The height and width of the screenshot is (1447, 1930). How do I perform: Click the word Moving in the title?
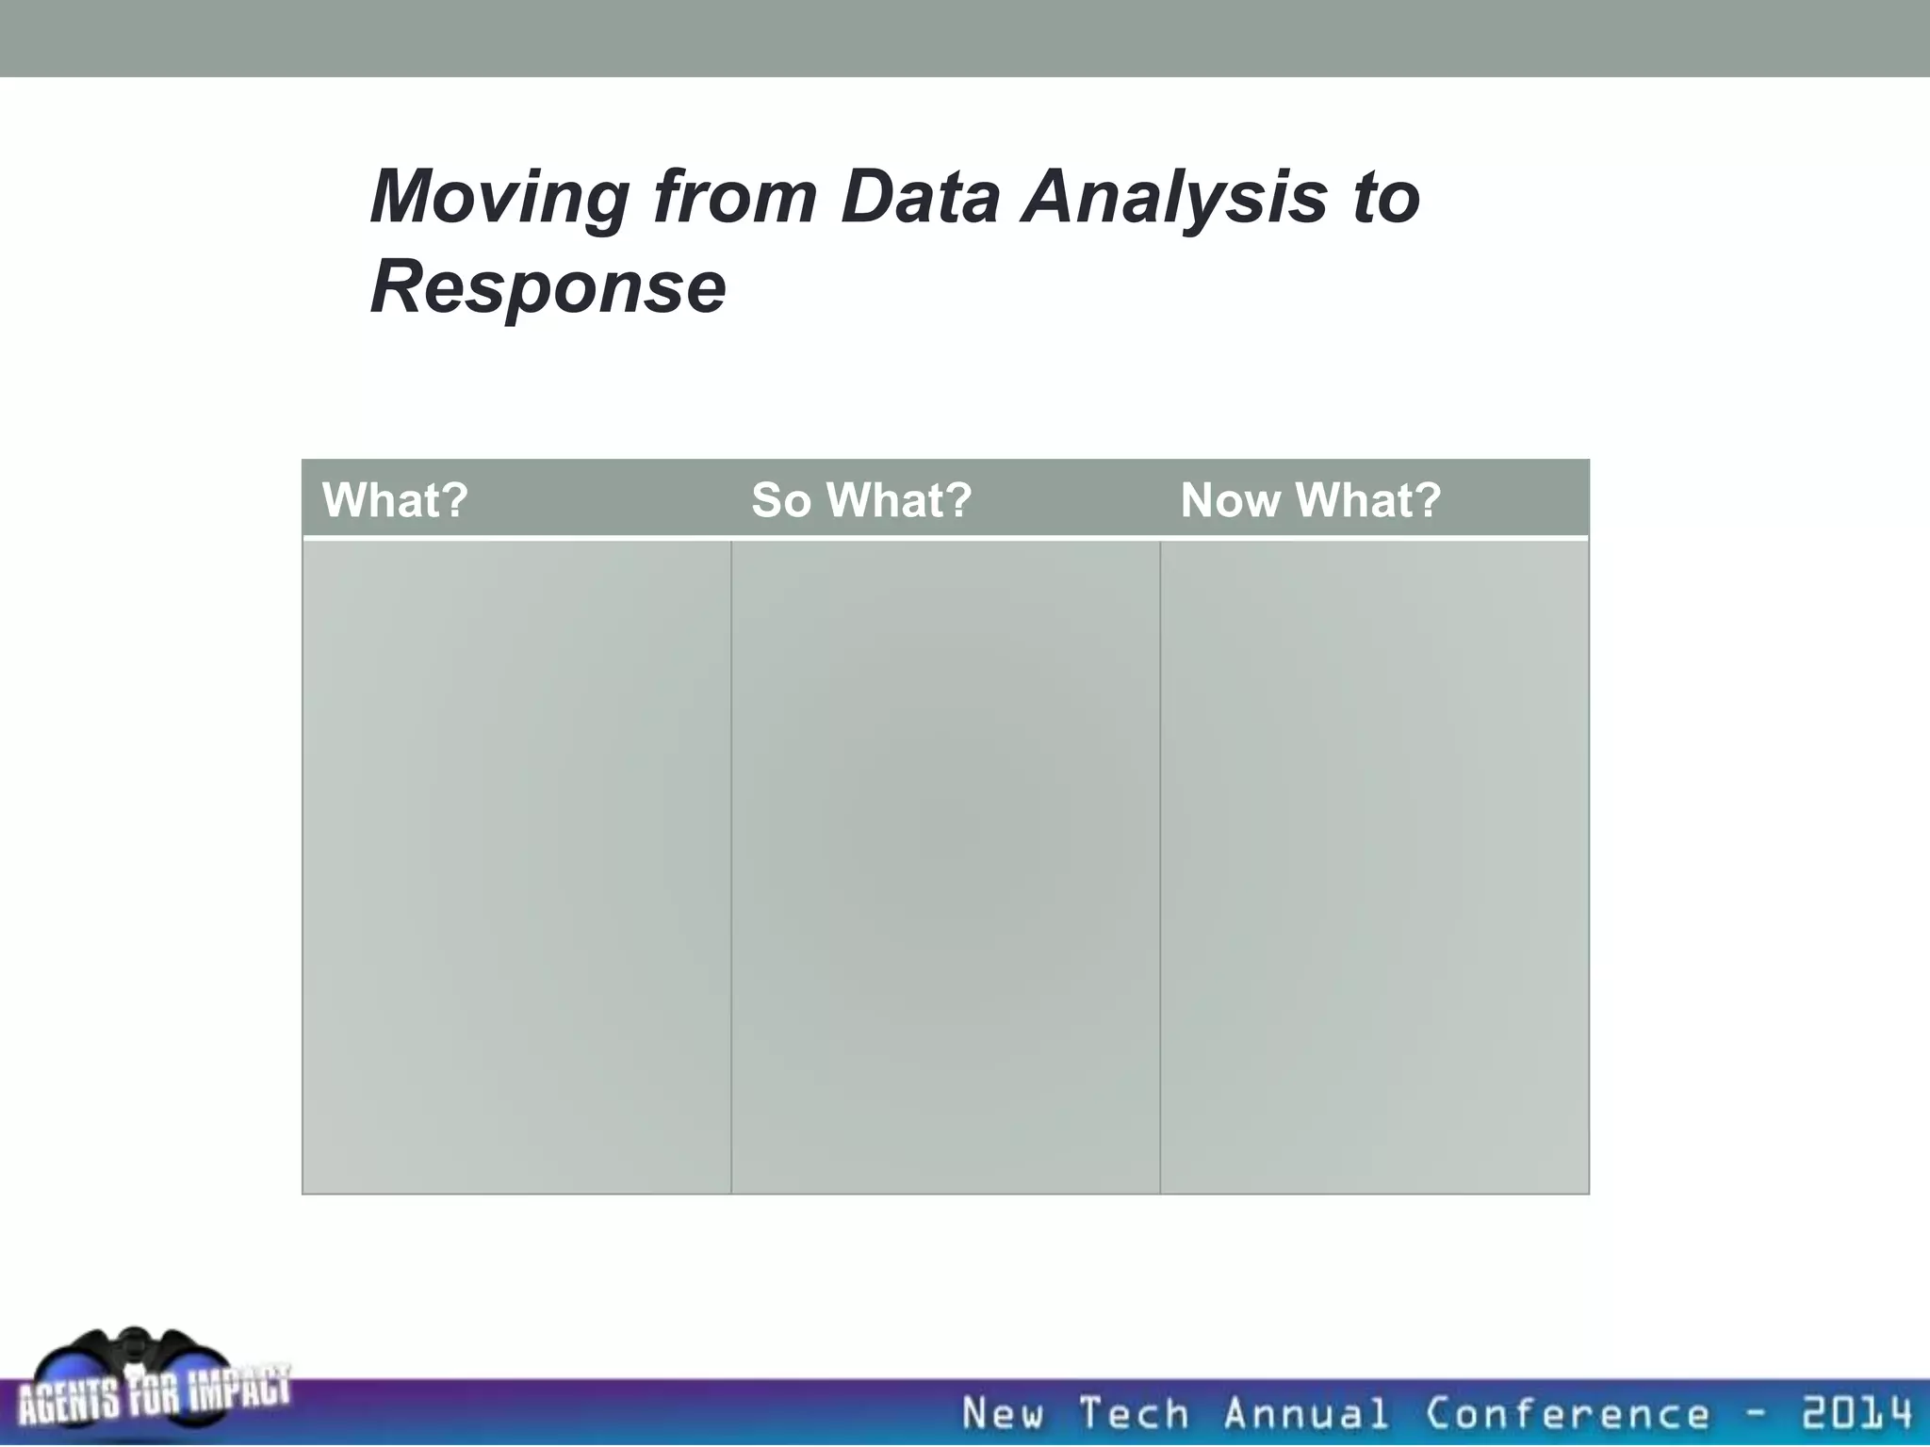tap(499, 199)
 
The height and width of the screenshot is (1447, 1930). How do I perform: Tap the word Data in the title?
tap(920, 197)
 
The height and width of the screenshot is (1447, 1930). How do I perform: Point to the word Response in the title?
tap(548, 287)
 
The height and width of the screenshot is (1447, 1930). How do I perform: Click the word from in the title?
tap(735, 197)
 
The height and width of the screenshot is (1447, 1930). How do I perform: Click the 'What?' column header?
tap(395, 500)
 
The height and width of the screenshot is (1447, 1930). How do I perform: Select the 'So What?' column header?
tap(860, 500)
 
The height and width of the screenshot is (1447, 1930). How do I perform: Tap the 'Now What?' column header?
tap(1310, 500)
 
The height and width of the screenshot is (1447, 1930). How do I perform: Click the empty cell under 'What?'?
tap(516, 867)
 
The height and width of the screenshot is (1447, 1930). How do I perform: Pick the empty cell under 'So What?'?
tap(945, 867)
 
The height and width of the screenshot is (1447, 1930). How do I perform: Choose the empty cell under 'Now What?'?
tap(1374, 867)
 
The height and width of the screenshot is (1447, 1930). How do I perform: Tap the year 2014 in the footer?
tap(1856, 1414)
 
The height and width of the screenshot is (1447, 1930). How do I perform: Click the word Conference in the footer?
tap(1566, 1414)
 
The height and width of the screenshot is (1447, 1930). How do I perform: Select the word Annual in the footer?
tap(1305, 1414)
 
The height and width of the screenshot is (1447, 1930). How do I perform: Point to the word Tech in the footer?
tap(1134, 1414)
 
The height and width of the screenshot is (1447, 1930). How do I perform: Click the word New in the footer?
tap(1004, 1414)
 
